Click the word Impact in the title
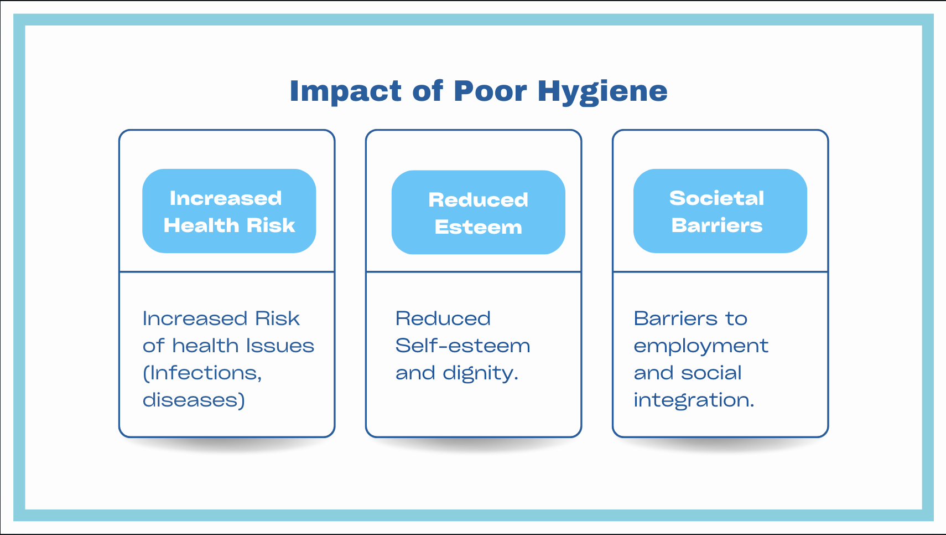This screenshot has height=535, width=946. point(345,91)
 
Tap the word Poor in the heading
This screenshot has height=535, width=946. point(490,91)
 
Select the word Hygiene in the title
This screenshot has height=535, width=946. point(602,91)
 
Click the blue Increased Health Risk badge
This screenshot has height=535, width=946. point(229,211)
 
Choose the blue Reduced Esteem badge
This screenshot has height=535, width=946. point(478,212)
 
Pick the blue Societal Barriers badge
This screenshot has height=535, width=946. point(720,211)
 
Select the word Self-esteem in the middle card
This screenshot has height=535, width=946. point(462,346)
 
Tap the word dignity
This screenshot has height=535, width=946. point(480,373)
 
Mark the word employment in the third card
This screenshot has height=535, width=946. point(701,346)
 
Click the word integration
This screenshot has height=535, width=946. point(694,400)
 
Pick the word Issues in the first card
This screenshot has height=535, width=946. point(280,346)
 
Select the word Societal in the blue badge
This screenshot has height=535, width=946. point(716,198)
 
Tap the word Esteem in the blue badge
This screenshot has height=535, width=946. point(478,227)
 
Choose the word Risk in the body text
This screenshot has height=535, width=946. point(277,318)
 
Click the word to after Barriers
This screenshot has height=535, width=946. point(736,318)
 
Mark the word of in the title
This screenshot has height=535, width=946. point(427,91)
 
